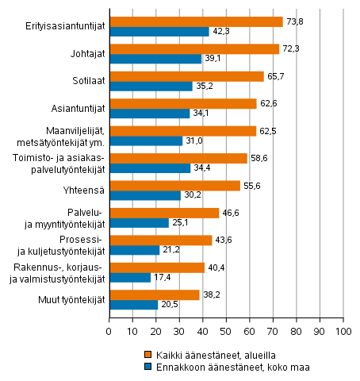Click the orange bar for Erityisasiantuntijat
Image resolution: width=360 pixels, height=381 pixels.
coord(195,21)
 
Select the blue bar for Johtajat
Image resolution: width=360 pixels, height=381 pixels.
coord(155,59)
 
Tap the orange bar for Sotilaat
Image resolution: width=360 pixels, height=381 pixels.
coord(186,76)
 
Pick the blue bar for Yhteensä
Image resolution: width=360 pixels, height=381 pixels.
coord(144,195)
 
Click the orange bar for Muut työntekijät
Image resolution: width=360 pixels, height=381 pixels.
coord(154,294)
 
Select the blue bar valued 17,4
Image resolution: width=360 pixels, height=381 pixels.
coord(129,277)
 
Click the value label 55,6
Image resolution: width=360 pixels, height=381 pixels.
coord(251,185)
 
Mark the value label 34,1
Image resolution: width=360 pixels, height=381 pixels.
coord(201,114)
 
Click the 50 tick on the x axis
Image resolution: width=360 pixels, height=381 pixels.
coord(226,325)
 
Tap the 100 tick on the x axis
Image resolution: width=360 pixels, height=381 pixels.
coord(343,325)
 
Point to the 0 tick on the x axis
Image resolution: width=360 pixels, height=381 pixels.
coord(109,325)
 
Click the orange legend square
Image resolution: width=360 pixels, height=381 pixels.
coord(147,354)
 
